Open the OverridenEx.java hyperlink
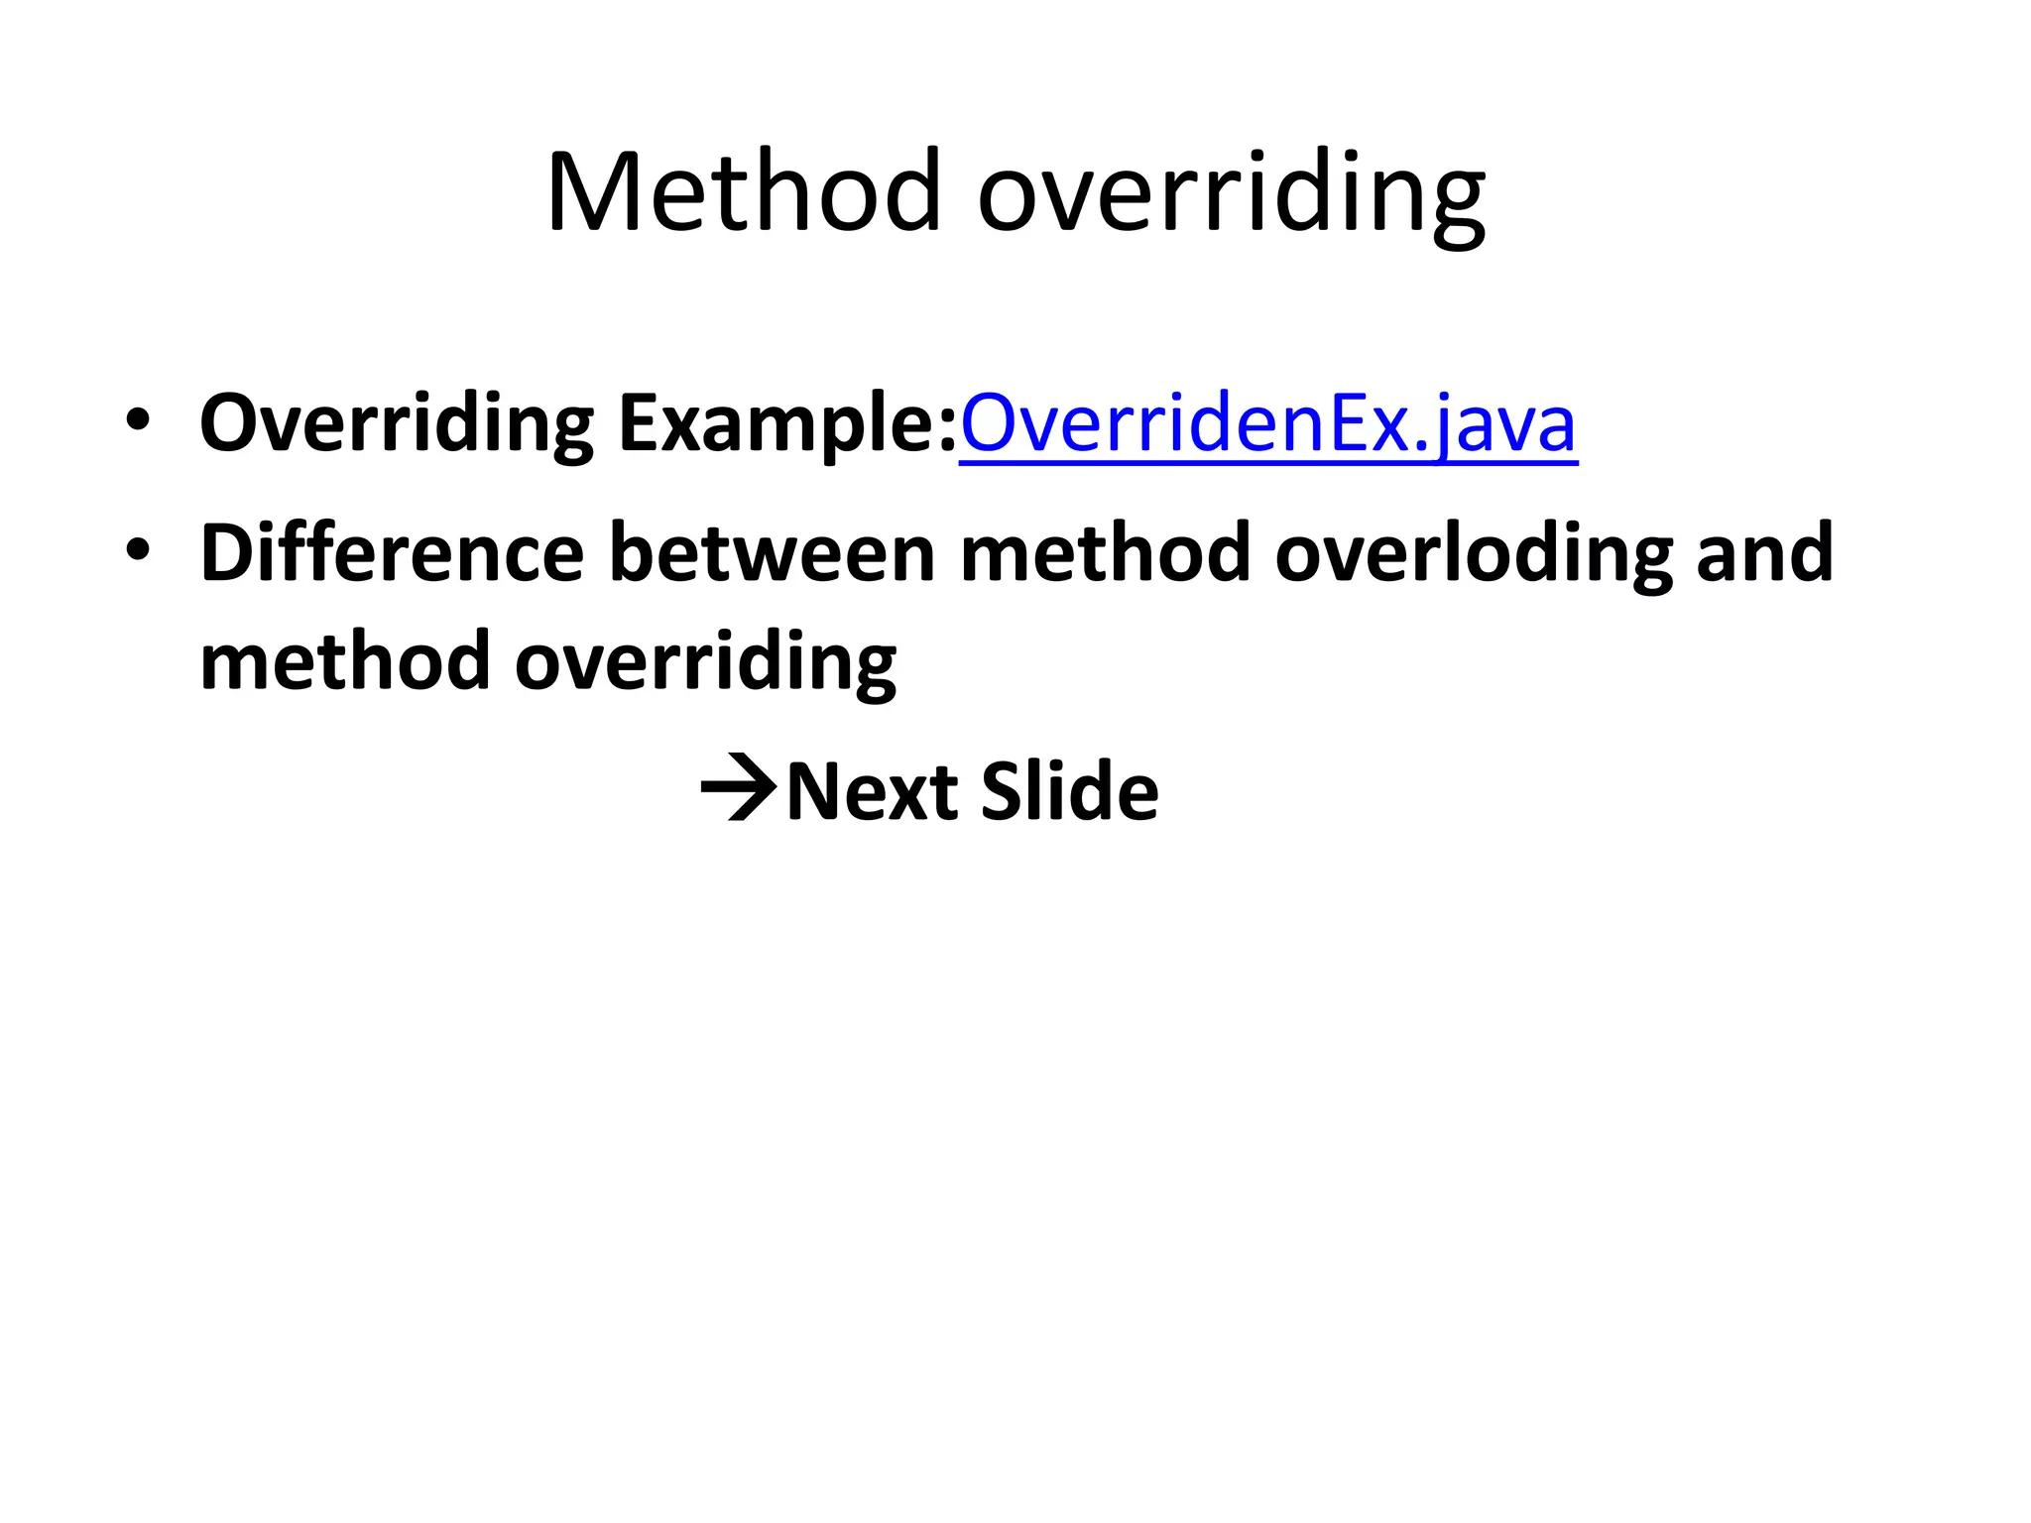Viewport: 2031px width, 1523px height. (1267, 424)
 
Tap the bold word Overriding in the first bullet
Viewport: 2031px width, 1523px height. (396, 424)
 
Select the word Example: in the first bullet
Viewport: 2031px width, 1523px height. (787, 424)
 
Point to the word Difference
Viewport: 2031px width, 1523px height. (392, 553)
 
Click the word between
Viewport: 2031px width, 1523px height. (772, 553)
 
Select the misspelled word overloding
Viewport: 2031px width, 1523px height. (1473, 553)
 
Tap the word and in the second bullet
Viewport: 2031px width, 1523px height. (1764, 553)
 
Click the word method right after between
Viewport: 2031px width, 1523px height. (1105, 553)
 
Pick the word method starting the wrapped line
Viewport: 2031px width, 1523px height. (345, 662)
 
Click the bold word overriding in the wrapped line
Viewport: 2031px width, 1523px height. (705, 662)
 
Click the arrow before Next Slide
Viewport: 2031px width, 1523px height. (738, 789)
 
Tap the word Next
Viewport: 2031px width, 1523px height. (872, 791)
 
